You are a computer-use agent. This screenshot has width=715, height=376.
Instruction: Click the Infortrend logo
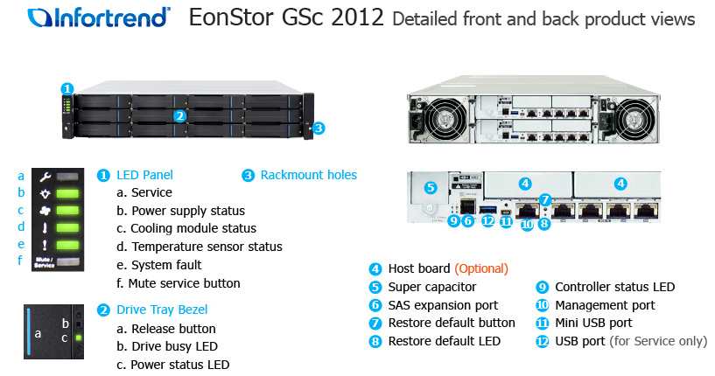click(99, 17)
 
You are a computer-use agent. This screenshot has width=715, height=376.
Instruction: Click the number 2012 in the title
click(357, 17)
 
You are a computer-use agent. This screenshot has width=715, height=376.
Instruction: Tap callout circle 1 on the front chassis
click(67, 88)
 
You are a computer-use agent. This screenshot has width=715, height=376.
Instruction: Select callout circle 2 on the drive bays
click(180, 116)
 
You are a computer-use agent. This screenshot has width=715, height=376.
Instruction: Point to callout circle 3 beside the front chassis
click(319, 128)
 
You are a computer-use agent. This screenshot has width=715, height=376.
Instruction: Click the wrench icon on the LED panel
click(45, 177)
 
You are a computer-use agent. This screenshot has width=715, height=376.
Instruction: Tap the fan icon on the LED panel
click(45, 211)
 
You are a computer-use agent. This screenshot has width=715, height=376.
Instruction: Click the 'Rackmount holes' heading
click(309, 175)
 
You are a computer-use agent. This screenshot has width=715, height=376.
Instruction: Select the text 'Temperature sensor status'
click(207, 247)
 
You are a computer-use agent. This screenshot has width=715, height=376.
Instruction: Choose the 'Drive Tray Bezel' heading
click(162, 310)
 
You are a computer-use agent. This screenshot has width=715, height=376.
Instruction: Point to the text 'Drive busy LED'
click(174, 346)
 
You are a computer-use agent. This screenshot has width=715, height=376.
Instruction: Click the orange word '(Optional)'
click(481, 268)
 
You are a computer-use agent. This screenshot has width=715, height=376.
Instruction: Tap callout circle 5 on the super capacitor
click(431, 187)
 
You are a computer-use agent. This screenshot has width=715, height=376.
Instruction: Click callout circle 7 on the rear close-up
click(545, 199)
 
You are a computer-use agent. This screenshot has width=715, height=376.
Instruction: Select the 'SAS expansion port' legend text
click(443, 305)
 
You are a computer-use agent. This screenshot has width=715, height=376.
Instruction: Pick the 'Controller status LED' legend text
click(614, 287)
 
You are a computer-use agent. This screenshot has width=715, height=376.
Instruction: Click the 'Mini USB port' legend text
click(593, 323)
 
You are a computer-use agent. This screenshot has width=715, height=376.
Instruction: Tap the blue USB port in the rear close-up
click(487, 210)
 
